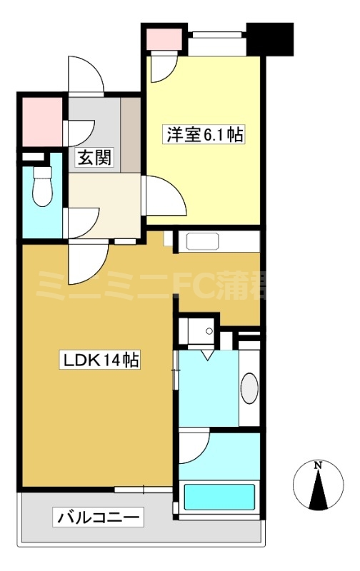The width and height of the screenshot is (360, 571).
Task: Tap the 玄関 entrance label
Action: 94,158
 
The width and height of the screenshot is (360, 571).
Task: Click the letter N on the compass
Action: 319,466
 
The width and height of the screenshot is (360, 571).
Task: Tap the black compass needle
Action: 319,490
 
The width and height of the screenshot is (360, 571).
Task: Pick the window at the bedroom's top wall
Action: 216,32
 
